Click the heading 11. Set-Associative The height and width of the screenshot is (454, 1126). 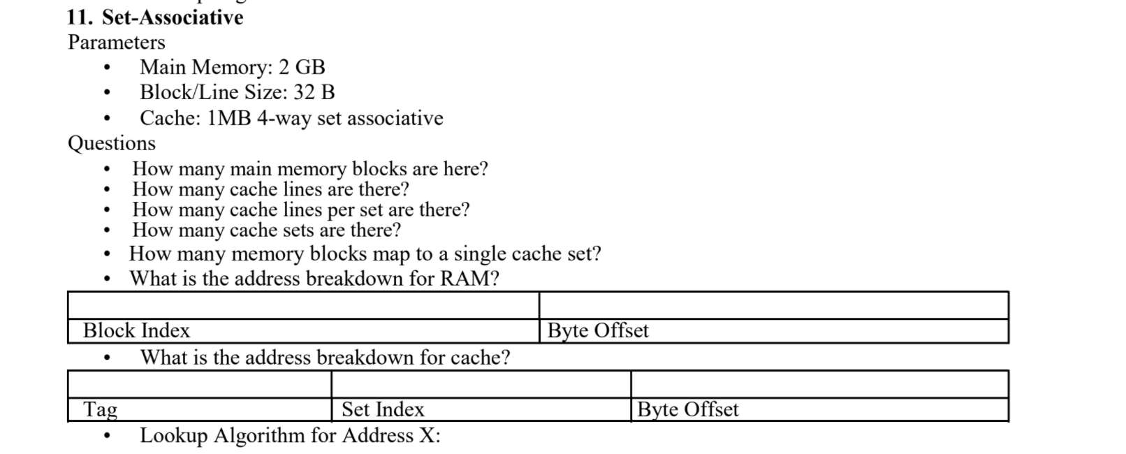tap(155, 17)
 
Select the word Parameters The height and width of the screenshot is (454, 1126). tap(117, 43)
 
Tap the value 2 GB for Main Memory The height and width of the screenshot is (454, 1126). tap(302, 67)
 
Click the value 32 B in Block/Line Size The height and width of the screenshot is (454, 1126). tap(314, 92)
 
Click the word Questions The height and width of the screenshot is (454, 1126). tap(112, 143)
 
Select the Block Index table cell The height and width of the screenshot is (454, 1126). tap(136, 330)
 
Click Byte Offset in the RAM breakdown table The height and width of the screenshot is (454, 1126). tap(598, 330)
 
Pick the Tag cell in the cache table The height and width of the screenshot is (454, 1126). tap(101, 409)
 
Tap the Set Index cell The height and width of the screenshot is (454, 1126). tap(383, 409)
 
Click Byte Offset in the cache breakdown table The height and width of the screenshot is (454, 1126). tap(687, 409)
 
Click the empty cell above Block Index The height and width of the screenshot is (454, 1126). tap(303, 306)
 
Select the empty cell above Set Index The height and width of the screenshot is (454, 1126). tap(481, 385)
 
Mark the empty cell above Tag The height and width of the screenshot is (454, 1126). tap(200, 385)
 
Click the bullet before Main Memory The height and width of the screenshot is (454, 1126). tap(107, 68)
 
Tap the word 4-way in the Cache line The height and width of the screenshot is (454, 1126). tap(284, 118)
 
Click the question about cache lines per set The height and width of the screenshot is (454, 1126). tap(300, 210)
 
